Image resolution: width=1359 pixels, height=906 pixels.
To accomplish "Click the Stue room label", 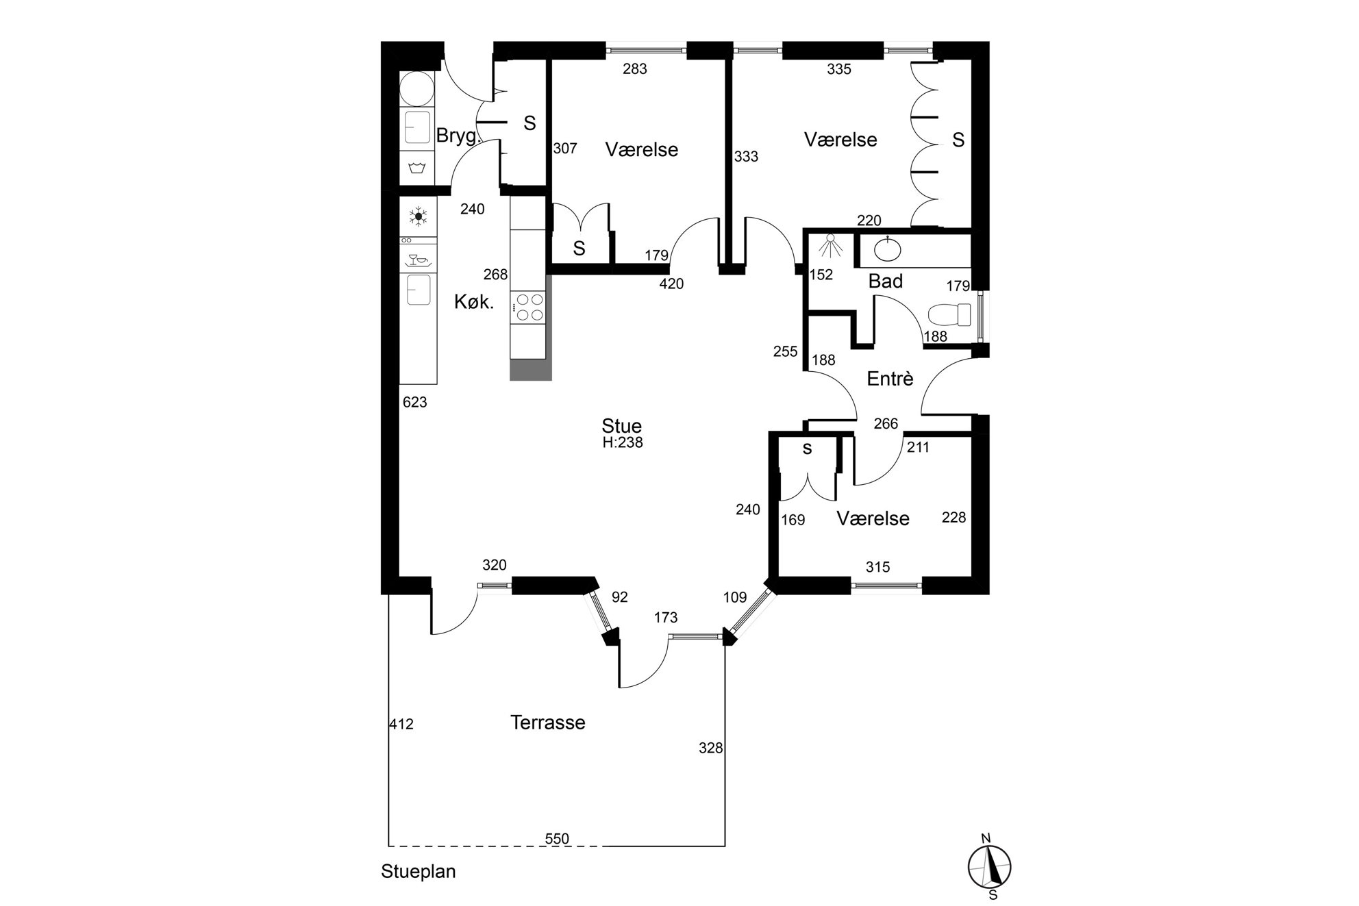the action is pyautogui.click(x=621, y=426).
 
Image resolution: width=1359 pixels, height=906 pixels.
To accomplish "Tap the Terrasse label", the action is pyautogui.click(x=548, y=722).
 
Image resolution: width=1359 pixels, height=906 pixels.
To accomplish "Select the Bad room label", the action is pyautogui.click(x=886, y=281).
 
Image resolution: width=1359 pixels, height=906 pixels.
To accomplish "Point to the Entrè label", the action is pyautogui.click(x=890, y=379).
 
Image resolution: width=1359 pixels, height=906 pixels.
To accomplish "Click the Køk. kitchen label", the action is pyautogui.click(x=474, y=302).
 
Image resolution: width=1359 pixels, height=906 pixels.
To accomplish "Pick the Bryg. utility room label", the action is pyautogui.click(x=458, y=136).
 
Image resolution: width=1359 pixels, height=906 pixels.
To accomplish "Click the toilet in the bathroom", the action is pyautogui.click(x=949, y=315).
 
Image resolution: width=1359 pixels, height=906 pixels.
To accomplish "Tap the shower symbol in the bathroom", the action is pyautogui.click(x=830, y=245).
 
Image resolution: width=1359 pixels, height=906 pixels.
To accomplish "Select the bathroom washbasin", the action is pyautogui.click(x=888, y=250).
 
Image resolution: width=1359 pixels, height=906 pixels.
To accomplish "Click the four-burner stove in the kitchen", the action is pyautogui.click(x=529, y=307).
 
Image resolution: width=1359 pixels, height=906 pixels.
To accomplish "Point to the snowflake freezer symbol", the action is pyautogui.click(x=418, y=217).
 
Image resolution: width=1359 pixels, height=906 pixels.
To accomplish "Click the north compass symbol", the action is pyautogui.click(x=990, y=866).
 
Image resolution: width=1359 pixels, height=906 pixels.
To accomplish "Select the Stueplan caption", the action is pyautogui.click(x=419, y=872).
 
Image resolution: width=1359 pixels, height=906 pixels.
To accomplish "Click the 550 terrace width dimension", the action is pyautogui.click(x=557, y=838).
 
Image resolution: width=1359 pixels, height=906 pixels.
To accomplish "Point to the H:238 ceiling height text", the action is pyautogui.click(x=623, y=442).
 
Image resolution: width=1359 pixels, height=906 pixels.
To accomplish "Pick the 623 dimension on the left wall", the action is pyautogui.click(x=415, y=403).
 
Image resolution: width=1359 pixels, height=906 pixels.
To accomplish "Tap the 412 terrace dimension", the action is pyautogui.click(x=401, y=724).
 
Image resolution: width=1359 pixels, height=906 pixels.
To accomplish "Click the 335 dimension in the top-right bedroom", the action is pyautogui.click(x=839, y=68).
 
